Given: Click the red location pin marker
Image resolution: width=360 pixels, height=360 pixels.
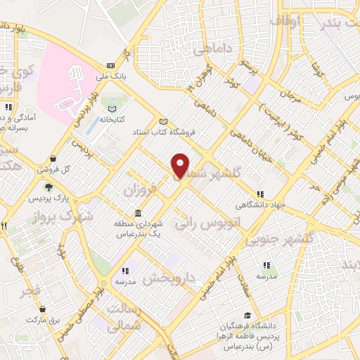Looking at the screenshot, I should tap(181, 165).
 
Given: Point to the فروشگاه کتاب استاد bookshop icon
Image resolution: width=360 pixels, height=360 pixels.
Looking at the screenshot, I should tap(163, 121).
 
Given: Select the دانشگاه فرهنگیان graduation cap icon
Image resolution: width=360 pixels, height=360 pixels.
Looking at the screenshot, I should tap(247, 316).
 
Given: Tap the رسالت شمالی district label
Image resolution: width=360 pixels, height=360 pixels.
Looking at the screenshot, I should tap(124, 316).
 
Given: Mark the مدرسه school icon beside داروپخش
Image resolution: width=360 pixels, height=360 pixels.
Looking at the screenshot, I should tap(125, 271).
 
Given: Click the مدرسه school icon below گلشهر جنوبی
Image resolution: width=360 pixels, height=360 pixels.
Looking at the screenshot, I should tap(266, 266).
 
